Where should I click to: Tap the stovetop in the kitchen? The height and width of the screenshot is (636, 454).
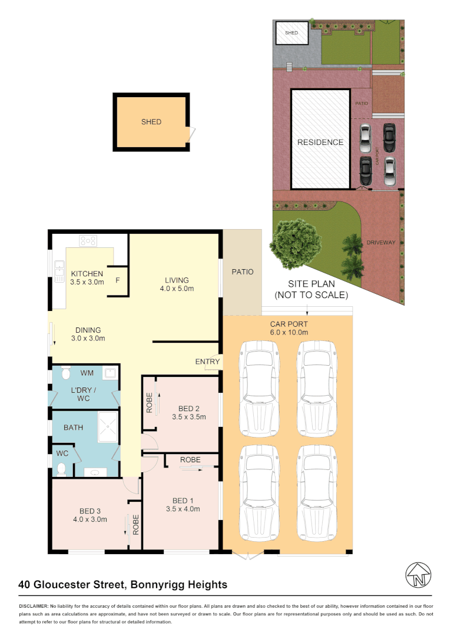pos(88,240)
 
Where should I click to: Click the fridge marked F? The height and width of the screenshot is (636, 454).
pos(118,280)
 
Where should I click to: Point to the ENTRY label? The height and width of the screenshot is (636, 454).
pos(207,362)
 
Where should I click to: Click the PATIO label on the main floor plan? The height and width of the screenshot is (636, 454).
pos(242,272)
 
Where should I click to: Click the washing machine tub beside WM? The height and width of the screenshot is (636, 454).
pos(110,372)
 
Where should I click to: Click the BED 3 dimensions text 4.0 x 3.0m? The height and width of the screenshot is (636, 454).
pos(91,519)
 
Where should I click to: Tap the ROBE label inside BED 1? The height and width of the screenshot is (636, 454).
pos(190,459)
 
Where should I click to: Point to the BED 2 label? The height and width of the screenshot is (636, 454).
pos(188,408)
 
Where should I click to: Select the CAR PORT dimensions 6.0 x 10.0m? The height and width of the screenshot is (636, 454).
pos(289,333)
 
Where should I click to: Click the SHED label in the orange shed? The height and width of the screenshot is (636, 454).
pos(151,122)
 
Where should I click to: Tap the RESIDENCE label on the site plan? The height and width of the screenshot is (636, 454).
pos(320,143)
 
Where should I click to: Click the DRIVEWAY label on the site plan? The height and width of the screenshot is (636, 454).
pos(380,243)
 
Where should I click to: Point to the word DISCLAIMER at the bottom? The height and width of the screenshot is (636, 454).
pos(33,606)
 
